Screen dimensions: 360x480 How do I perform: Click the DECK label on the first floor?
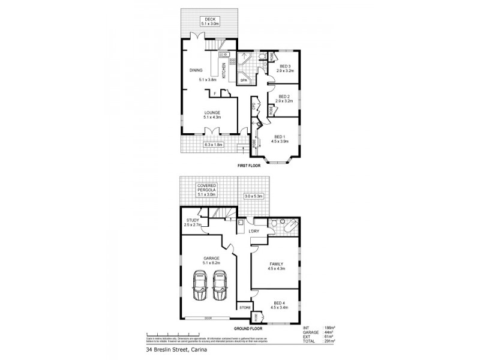[x=209, y=19]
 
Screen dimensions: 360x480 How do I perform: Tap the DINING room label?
[x=196, y=71]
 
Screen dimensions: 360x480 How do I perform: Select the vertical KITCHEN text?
[x=224, y=71]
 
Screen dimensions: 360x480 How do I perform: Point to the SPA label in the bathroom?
[x=244, y=80]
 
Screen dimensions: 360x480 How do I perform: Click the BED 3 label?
[x=284, y=67]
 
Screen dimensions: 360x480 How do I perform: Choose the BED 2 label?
[x=284, y=97]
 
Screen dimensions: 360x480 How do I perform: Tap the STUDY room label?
[x=193, y=220]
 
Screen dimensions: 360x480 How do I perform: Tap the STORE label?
[x=245, y=307]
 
